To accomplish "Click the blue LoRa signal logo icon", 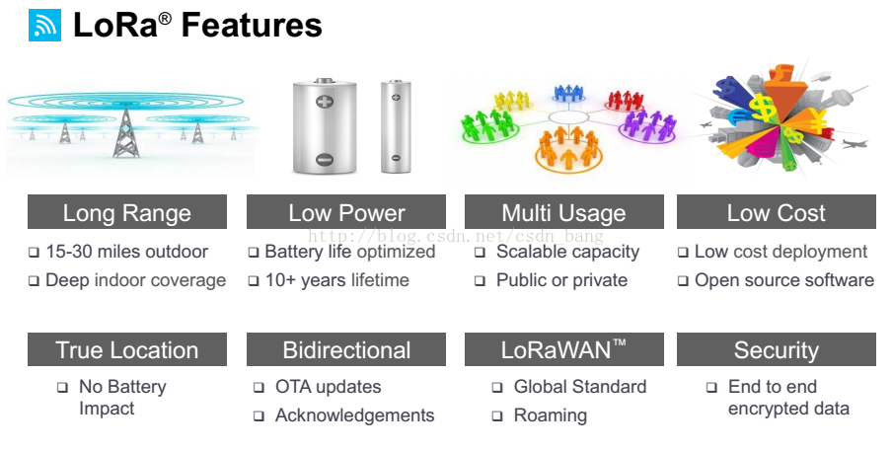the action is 44,25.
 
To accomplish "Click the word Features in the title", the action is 252,26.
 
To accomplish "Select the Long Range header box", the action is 127,212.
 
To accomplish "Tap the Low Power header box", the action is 346,212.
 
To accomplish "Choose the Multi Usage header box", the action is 564,212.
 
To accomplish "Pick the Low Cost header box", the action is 776,212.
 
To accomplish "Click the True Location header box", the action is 127,349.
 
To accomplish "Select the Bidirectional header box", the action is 346,349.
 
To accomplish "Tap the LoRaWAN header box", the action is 564,349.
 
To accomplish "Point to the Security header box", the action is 776,349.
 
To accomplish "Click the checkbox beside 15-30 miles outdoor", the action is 35,253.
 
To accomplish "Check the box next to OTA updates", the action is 259,388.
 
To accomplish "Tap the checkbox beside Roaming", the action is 497,416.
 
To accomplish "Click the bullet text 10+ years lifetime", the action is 337,280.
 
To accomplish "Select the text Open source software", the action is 784,280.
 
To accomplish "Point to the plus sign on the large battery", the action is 325,103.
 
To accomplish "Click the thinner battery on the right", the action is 396,126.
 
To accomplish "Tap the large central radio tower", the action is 125,132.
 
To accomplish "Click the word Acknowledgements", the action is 355,415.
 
